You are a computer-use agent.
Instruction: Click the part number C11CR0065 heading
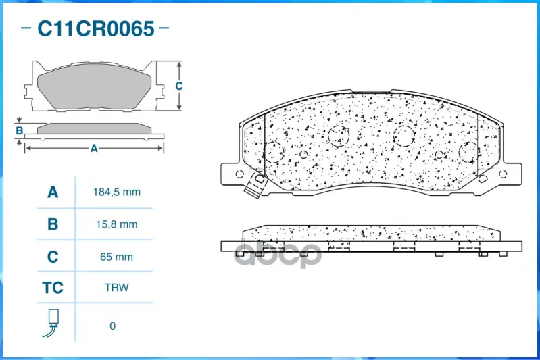click(96, 28)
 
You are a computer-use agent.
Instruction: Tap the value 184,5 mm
click(117, 192)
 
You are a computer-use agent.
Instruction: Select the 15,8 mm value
click(117, 224)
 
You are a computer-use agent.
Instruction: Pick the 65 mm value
click(116, 257)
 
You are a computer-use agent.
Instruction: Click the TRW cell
click(117, 287)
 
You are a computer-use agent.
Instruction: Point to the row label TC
click(53, 288)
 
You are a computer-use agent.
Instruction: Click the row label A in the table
click(53, 192)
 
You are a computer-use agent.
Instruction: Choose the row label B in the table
click(53, 224)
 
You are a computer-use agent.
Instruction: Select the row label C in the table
click(53, 257)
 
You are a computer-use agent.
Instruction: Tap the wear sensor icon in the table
click(51, 322)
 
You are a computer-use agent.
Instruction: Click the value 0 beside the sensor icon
click(113, 326)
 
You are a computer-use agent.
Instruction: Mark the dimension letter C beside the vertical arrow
click(178, 86)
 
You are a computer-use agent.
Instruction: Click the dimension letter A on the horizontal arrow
click(94, 149)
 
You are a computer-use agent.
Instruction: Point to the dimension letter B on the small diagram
click(20, 131)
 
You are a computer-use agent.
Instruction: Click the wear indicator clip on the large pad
click(256, 185)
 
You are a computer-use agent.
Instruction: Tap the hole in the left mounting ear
click(240, 174)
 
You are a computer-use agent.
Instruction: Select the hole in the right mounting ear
click(503, 174)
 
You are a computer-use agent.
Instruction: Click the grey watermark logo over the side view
click(278, 254)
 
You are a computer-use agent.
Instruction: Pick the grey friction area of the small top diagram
click(94, 86)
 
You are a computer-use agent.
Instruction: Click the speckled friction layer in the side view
click(371, 233)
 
